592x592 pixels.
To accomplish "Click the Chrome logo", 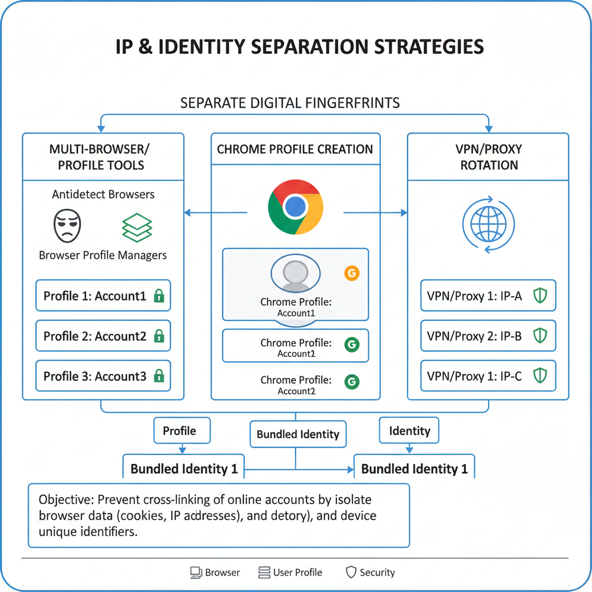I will (295, 207).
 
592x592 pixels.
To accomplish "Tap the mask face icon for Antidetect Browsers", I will (67, 225).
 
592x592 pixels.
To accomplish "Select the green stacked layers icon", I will (137, 226).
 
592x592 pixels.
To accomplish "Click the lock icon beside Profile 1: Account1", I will (158, 297).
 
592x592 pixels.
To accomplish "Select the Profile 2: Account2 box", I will (103, 336).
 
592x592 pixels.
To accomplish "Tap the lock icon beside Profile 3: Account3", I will (158, 376).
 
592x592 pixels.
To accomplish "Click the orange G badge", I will (351, 273).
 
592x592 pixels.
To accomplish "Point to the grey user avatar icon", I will (295, 275).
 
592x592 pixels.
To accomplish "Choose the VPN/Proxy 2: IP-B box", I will (488, 336).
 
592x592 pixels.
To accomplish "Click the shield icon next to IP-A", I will (539, 297).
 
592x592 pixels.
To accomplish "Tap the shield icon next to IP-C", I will (539, 376).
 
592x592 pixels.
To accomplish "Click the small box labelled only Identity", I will (409, 431).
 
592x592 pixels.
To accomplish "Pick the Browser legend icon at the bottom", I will (196, 572).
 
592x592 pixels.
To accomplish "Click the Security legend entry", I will (370, 572).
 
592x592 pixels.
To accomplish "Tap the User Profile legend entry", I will (290, 572).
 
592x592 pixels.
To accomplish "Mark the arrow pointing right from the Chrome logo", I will (376, 213).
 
